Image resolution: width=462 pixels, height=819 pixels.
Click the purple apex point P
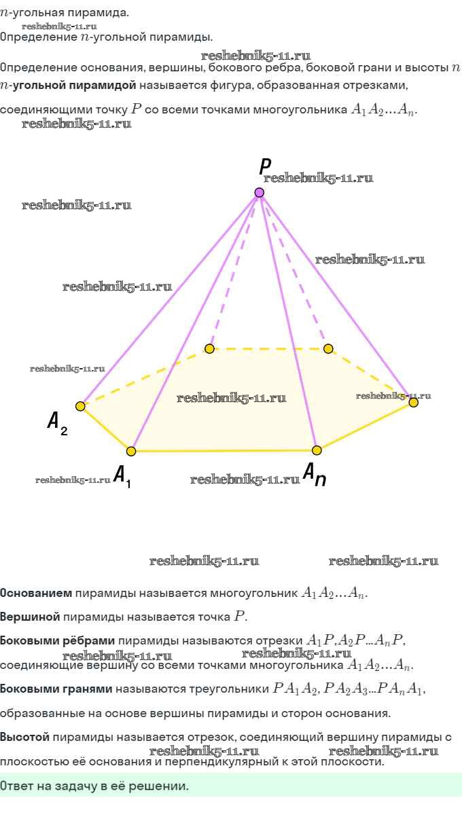tap(259, 192)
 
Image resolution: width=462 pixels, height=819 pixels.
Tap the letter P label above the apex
tap(265, 166)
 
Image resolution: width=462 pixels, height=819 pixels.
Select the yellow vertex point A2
tap(80, 406)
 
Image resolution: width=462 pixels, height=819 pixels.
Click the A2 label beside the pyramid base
tap(58, 423)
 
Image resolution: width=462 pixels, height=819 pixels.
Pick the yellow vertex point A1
tap(131, 451)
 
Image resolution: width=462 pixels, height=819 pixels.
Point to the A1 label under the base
tap(122, 477)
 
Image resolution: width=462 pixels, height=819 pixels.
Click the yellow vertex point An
tap(317, 450)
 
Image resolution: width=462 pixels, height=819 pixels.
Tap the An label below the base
tap(315, 474)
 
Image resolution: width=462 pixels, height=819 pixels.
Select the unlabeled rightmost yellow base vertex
tap(413, 403)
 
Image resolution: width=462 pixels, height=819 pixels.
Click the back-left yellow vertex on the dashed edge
tap(209, 348)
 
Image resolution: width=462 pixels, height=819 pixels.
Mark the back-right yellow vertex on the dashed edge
tap(328, 348)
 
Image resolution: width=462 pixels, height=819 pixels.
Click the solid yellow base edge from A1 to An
tap(224, 451)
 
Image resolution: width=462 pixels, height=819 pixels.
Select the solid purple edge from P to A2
tap(170, 299)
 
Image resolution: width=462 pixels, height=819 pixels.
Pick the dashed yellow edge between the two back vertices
tap(269, 349)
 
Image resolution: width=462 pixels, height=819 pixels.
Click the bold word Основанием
tap(36, 593)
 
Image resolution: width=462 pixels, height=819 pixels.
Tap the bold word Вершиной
tap(30, 617)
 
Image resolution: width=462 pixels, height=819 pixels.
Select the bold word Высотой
tap(24, 737)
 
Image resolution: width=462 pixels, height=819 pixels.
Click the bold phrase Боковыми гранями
tap(56, 689)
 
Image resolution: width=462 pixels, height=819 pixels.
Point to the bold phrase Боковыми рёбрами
tap(58, 640)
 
